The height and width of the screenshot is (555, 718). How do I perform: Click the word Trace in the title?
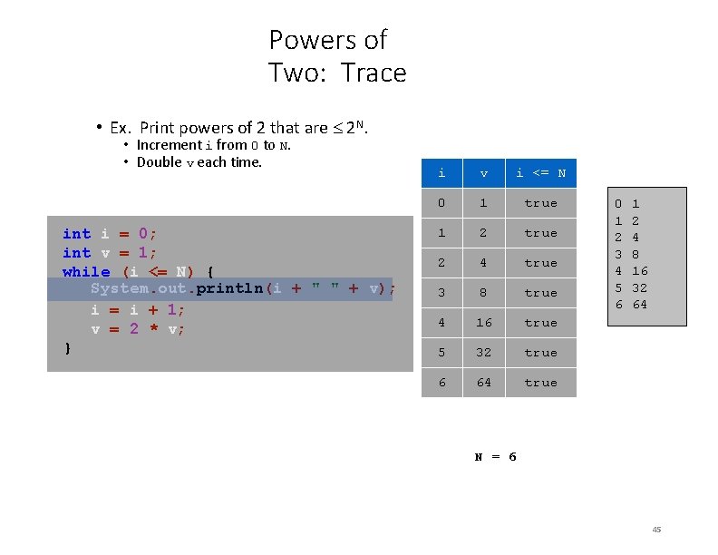point(374,73)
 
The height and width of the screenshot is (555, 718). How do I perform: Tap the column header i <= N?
point(540,172)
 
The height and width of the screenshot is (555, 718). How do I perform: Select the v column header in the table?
point(484,172)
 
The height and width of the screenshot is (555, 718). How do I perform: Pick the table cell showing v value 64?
point(484,383)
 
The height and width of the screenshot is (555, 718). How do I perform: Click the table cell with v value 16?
point(484,323)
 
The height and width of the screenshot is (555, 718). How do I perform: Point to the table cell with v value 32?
point(484,353)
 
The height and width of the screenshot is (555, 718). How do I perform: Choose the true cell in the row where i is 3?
point(540,293)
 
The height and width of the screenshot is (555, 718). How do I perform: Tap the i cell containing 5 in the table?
point(441,353)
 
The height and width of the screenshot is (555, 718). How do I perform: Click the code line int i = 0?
point(110,234)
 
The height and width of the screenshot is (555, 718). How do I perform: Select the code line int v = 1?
point(110,253)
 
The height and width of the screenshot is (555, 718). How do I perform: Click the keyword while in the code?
point(86,272)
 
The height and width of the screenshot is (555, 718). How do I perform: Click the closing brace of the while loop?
point(67,347)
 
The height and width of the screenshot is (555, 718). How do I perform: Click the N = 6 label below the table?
point(496,456)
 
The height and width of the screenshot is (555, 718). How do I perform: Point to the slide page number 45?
point(656,530)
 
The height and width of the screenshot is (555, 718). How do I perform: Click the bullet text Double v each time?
point(199,162)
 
